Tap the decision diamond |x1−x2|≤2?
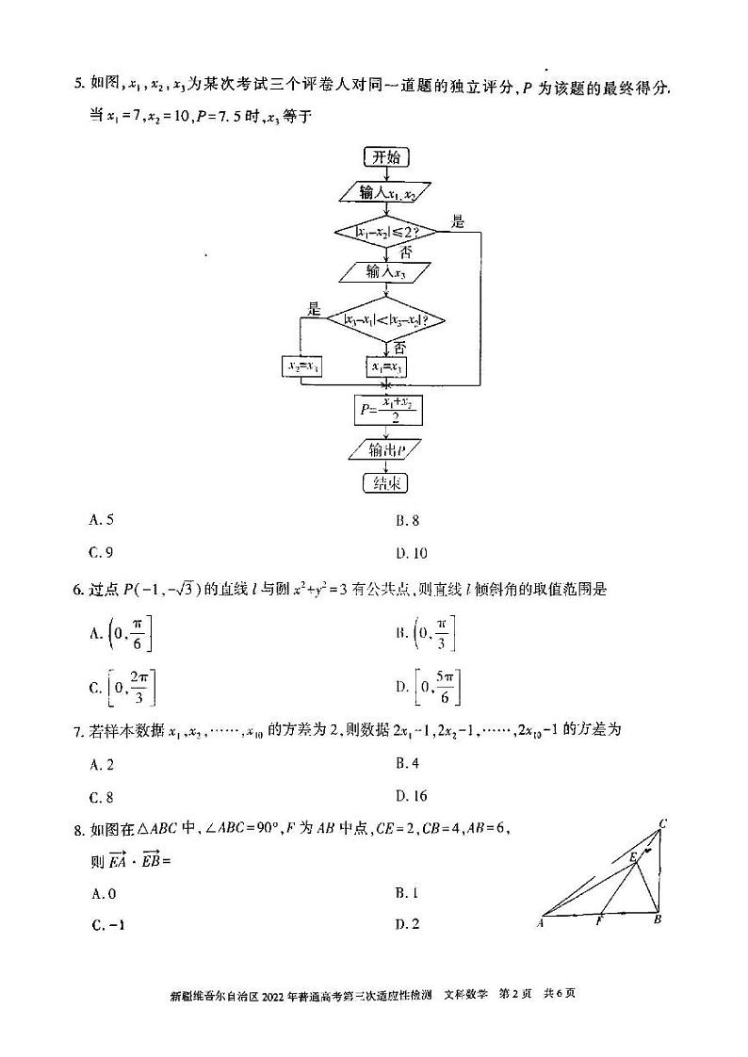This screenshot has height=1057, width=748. tap(387, 231)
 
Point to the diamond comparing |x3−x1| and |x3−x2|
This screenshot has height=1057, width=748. tap(385, 320)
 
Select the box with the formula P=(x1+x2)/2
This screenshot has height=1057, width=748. tap(385, 410)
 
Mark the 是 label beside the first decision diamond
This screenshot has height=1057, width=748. tap(459, 222)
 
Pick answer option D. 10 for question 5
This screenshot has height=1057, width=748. tap(412, 553)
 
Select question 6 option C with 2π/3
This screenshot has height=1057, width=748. tap(122, 688)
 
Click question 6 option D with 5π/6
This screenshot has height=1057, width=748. tap(429, 688)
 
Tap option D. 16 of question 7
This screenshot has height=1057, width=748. tap(412, 796)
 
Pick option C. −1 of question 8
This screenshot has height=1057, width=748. tap(107, 924)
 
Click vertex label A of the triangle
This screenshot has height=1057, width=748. tap(541, 923)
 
